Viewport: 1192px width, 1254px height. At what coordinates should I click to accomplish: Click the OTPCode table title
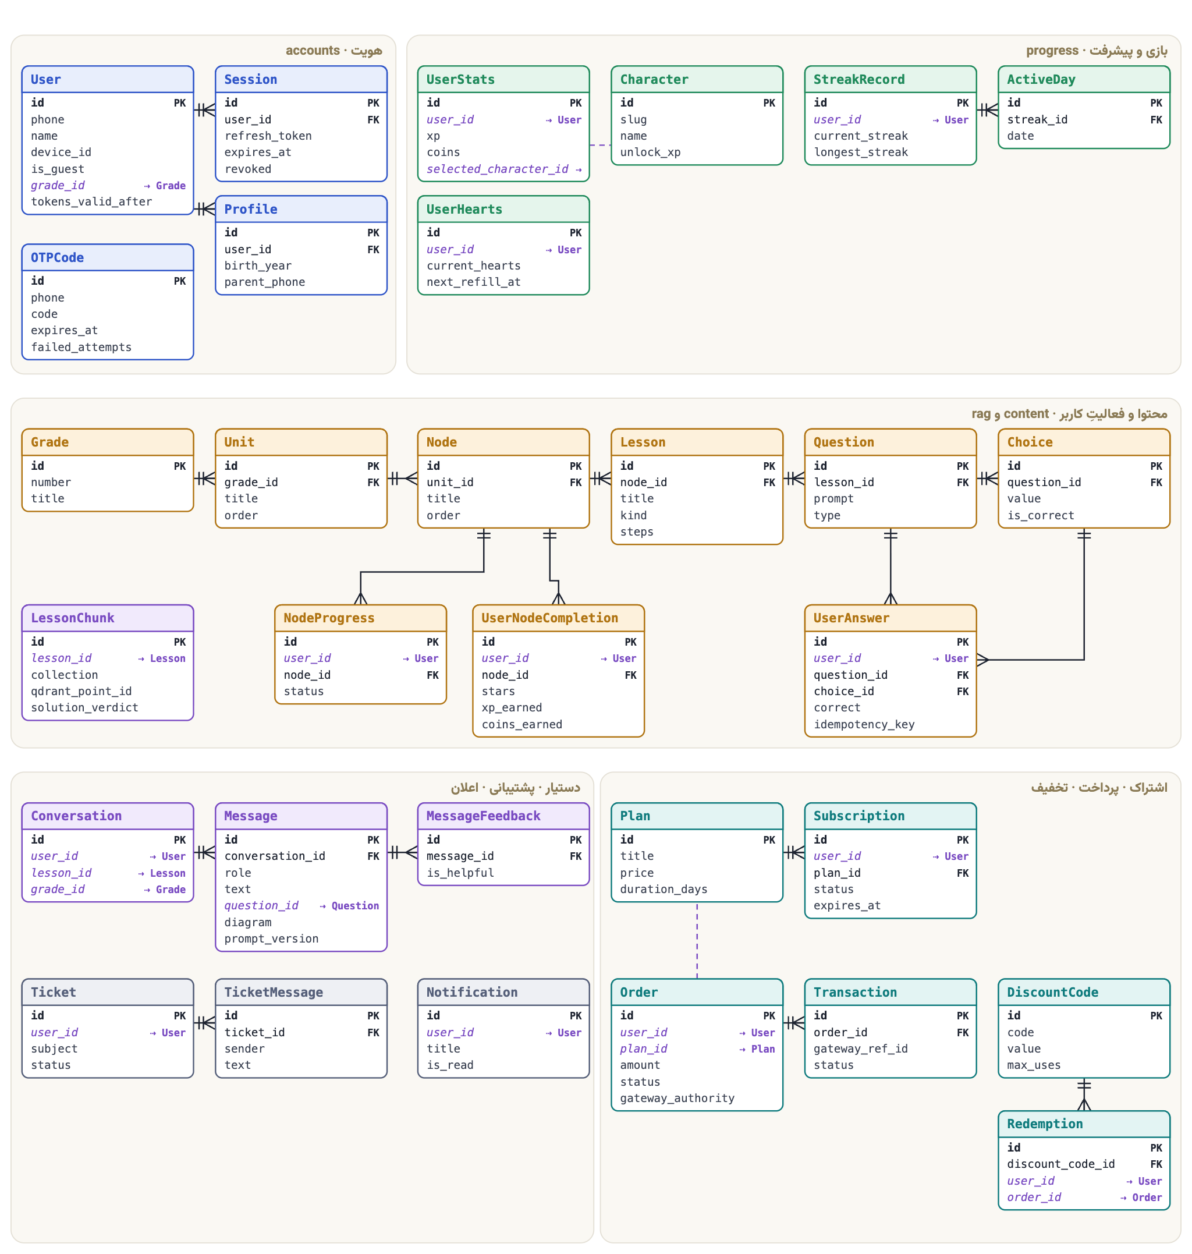coord(57,257)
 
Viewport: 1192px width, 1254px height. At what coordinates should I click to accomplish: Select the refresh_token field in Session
coord(268,136)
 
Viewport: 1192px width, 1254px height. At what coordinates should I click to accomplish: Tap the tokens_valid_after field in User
coord(91,201)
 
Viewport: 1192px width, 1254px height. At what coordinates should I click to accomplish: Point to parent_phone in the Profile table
coord(264,282)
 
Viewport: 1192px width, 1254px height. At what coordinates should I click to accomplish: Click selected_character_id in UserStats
coord(498,169)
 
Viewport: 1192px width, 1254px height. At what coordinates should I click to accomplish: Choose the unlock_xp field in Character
coord(650,153)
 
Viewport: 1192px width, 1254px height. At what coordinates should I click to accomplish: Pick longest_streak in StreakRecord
coord(860,153)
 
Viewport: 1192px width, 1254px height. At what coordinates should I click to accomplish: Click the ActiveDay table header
coord(1041,79)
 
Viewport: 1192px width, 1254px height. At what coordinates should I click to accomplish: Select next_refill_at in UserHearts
coord(473,282)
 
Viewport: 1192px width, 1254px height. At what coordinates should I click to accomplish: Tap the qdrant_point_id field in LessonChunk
coord(81,692)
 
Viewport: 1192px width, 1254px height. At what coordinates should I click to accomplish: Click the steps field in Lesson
coord(637,532)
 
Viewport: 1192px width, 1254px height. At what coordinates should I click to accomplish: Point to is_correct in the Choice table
coord(1040,515)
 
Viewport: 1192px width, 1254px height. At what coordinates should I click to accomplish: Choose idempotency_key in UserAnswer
coord(864,725)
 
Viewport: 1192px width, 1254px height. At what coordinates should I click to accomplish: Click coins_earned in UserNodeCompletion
coord(521,725)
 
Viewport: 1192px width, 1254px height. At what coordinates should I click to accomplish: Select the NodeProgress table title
coord(328,618)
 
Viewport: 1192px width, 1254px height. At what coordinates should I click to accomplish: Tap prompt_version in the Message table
coord(271,938)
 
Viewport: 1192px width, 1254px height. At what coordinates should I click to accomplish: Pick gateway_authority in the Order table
coord(677,1099)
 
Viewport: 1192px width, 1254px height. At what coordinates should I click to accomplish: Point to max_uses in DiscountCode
coord(1034,1065)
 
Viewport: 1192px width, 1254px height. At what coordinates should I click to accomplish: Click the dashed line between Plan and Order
coord(697,941)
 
